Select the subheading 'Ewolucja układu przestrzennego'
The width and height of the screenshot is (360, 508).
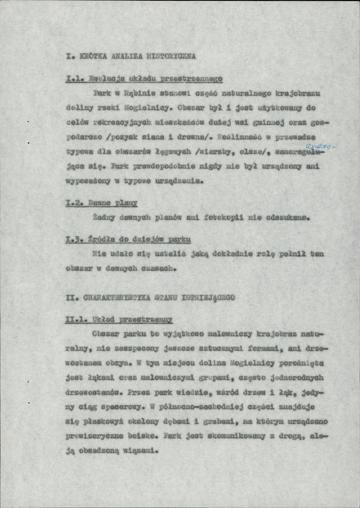click(x=156, y=79)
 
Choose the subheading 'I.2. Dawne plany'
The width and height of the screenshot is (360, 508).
click(x=102, y=204)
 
